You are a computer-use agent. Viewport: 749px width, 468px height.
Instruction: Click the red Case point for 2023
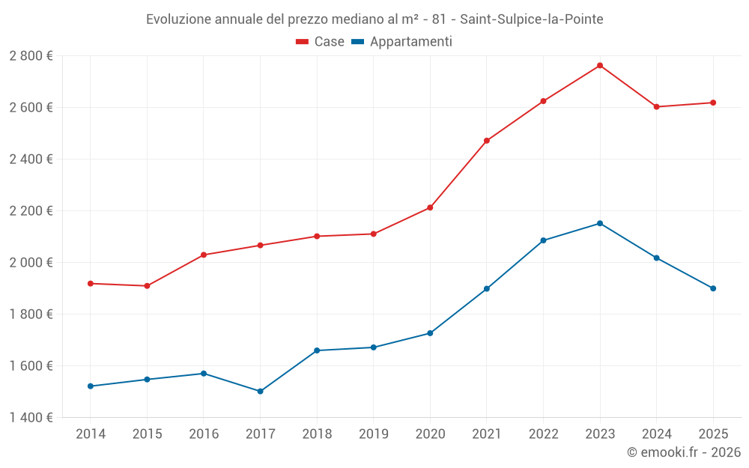pos(600,65)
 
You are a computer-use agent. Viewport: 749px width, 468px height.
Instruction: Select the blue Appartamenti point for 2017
pos(260,391)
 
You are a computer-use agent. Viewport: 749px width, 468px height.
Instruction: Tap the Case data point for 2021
pos(487,141)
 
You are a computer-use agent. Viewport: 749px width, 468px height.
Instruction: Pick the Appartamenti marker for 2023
pos(600,223)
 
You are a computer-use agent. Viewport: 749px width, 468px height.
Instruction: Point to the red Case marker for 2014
pos(91,283)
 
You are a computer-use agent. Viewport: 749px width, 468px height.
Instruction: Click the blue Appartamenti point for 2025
pos(713,288)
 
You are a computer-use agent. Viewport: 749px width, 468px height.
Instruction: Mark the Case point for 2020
pos(430,207)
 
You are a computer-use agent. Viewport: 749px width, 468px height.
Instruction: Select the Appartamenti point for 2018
pos(317,350)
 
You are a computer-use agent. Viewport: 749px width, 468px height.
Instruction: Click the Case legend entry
pos(321,42)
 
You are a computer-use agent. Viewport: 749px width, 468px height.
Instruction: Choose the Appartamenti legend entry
pos(402,42)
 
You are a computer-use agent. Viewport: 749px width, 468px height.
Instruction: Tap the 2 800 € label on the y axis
pos(31,56)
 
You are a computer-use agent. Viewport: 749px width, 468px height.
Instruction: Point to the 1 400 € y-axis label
pos(31,417)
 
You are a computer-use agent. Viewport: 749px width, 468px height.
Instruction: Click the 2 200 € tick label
pos(31,210)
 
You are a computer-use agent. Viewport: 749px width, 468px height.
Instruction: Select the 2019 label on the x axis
pos(373,434)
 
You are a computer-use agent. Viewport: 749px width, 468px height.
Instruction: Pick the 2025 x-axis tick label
pos(713,434)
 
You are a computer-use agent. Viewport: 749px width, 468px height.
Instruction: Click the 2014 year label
pos(91,434)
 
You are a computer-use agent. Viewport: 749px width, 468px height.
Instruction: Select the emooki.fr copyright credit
pos(683,452)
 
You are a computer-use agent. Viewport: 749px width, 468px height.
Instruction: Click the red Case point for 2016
pos(204,255)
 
